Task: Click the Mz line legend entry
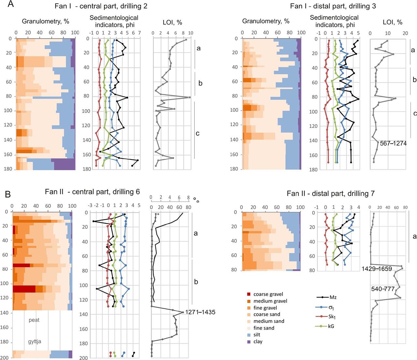[322, 297]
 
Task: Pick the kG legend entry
[322, 326]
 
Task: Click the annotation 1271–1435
[200, 312]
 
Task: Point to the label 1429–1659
[377, 269]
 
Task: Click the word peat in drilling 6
[34, 320]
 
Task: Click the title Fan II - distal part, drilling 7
[331, 194]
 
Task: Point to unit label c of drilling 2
[198, 133]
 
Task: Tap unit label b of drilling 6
[196, 282]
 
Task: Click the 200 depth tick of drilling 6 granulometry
[5, 358]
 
